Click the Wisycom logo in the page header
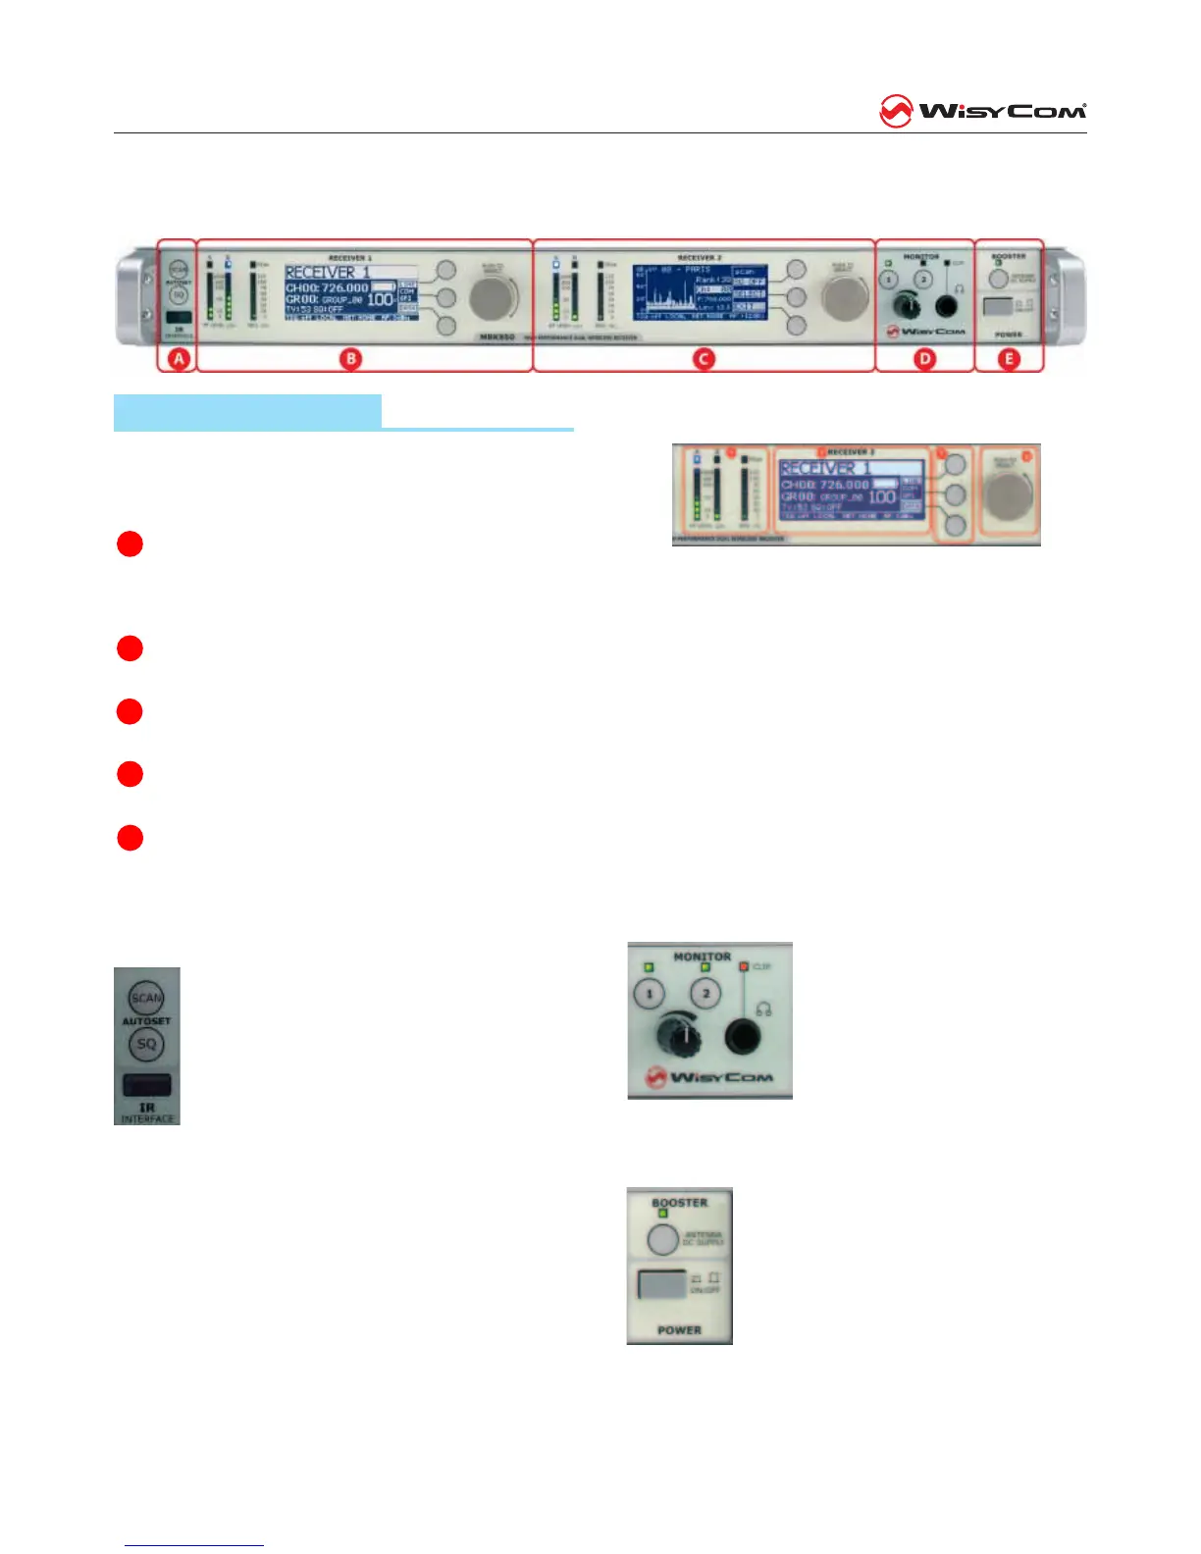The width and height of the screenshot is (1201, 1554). point(982,112)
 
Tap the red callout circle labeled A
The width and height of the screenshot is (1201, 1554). point(179,359)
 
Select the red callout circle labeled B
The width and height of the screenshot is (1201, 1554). point(351,359)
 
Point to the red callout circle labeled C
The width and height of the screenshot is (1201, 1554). point(704,359)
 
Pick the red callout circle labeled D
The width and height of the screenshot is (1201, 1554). point(924,359)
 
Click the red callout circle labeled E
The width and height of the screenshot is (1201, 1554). point(1009,359)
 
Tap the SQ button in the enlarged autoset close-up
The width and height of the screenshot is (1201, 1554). point(146,1044)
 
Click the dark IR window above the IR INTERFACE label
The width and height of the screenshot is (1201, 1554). point(146,1085)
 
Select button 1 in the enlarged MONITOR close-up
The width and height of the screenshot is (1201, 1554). point(649,995)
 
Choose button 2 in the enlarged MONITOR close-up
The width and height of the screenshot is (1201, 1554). point(705,994)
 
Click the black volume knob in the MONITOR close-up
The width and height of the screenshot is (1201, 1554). point(676,1036)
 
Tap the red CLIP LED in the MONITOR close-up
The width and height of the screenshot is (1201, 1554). point(745,967)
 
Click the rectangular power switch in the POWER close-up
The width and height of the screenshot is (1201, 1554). point(660,1283)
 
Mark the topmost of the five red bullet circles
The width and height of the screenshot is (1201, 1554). point(130,544)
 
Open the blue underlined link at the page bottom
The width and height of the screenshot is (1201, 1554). point(194,1545)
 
